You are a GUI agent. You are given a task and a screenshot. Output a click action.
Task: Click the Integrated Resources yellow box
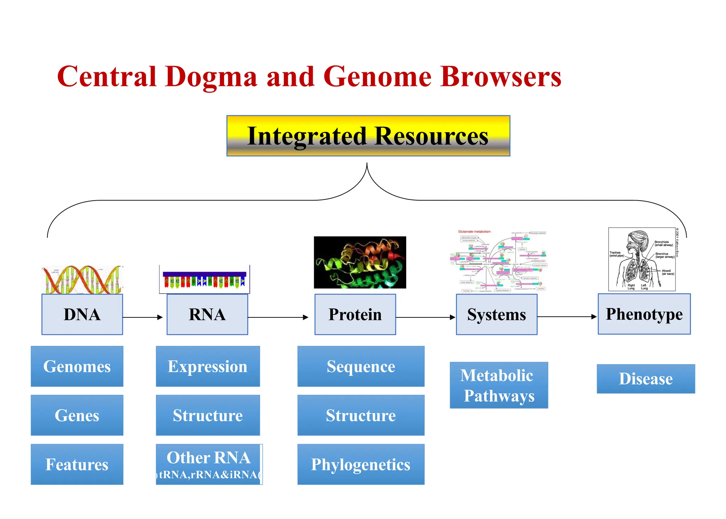point(368,136)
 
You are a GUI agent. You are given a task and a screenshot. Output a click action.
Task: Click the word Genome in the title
point(377,77)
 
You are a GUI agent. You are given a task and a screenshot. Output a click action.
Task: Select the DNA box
point(82,315)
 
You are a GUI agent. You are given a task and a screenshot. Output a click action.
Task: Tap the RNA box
point(207,315)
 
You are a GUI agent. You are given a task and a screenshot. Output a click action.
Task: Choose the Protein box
point(355,315)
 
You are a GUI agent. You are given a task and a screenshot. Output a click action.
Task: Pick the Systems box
point(496,315)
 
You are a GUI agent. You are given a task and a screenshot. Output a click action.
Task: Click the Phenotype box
point(644,314)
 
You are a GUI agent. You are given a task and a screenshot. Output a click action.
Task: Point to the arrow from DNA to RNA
point(143,317)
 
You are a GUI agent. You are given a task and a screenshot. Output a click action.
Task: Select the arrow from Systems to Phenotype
point(567,317)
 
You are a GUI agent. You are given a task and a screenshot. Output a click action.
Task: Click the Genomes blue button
point(77,366)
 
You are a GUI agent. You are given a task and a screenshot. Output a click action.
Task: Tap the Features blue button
point(77,464)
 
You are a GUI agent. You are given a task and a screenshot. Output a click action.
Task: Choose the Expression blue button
point(208,366)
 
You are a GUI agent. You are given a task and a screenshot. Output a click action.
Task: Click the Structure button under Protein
point(361,415)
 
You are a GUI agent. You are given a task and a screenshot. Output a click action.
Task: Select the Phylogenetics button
point(361,464)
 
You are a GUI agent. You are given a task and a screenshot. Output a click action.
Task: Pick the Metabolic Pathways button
point(499,385)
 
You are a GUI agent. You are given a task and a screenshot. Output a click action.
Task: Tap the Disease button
point(646,379)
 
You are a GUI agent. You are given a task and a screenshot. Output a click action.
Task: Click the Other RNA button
point(209,464)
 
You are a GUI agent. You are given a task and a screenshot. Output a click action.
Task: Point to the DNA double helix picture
point(82,280)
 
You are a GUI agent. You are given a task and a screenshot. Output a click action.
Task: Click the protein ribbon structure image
point(360,262)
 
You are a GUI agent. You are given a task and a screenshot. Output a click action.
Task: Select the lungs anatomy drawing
point(642,259)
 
